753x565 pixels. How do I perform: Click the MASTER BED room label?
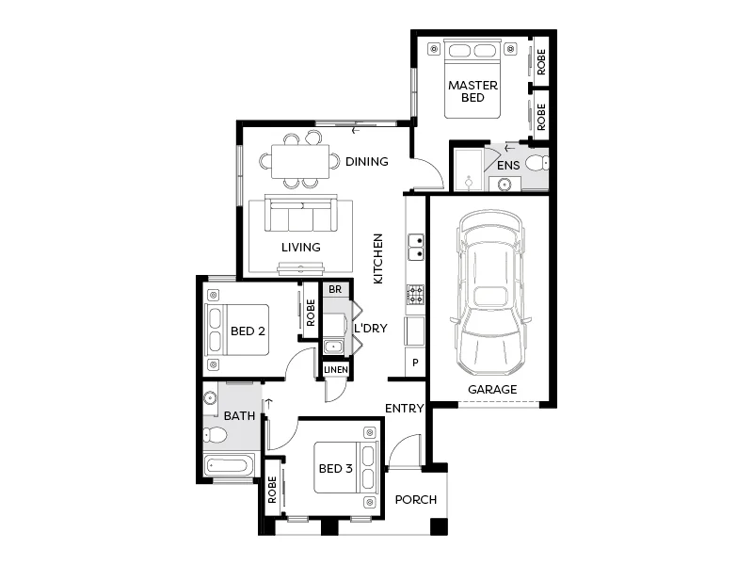click(x=473, y=91)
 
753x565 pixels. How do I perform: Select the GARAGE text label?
click(x=492, y=389)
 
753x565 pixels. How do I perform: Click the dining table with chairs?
click(x=300, y=161)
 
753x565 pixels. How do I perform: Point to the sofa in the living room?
click(x=300, y=215)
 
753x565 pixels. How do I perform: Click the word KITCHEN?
click(x=378, y=259)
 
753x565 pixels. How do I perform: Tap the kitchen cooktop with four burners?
click(x=415, y=296)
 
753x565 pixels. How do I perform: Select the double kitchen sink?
click(x=415, y=247)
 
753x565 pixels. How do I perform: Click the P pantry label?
click(x=414, y=363)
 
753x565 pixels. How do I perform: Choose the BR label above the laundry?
click(x=335, y=289)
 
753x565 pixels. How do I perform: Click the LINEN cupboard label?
click(x=336, y=370)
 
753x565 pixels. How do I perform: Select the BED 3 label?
click(x=335, y=468)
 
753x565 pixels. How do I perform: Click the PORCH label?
click(x=415, y=499)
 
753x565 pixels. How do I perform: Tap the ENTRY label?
click(x=404, y=408)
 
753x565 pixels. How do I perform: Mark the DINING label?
click(x=366, y=162)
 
